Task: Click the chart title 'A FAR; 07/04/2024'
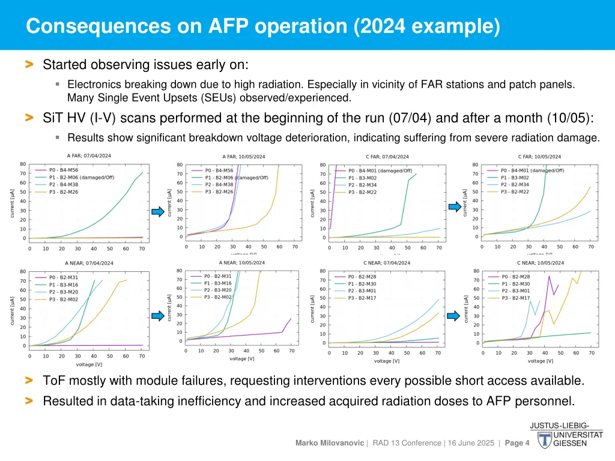click(88, 155)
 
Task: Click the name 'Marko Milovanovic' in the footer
click(330, 443)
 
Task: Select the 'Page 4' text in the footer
click(517, 443)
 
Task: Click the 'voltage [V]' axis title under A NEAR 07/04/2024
click(89, 364)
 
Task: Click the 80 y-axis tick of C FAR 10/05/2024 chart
click(474, 164)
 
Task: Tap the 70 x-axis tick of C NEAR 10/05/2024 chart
click(592, 352)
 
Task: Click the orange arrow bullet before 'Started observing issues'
click(29, 64)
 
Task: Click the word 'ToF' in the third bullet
click(53, 381)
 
